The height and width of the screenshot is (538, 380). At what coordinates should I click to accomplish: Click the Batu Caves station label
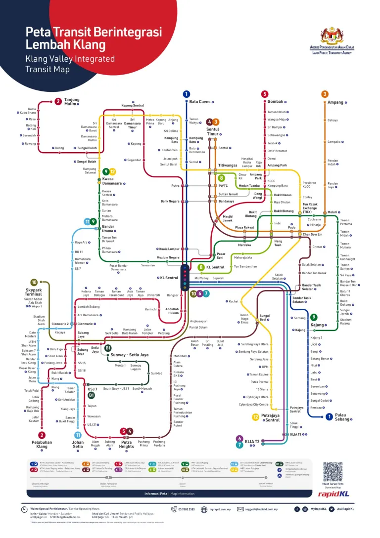click(x=200, y=102)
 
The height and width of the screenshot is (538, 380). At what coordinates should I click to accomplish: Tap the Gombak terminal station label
click(x=276, y=102)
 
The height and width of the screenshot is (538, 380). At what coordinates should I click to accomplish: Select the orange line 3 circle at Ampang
click(x=325, y=94)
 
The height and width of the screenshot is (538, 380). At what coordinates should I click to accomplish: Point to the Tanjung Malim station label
click(x=72, y=102)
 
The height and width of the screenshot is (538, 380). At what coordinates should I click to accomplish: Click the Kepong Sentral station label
click(x=133, y=105)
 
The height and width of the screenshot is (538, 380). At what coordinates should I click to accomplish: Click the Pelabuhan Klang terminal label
click(x=42, y=444)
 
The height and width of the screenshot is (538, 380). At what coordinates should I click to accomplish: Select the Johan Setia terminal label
click(x=78, y=444)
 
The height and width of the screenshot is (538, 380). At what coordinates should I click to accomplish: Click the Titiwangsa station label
click(x=228, y=166)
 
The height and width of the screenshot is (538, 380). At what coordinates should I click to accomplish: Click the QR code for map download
click(x=332, y=472)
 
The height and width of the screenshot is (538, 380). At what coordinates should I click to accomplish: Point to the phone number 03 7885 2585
click(x=185, y=509)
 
